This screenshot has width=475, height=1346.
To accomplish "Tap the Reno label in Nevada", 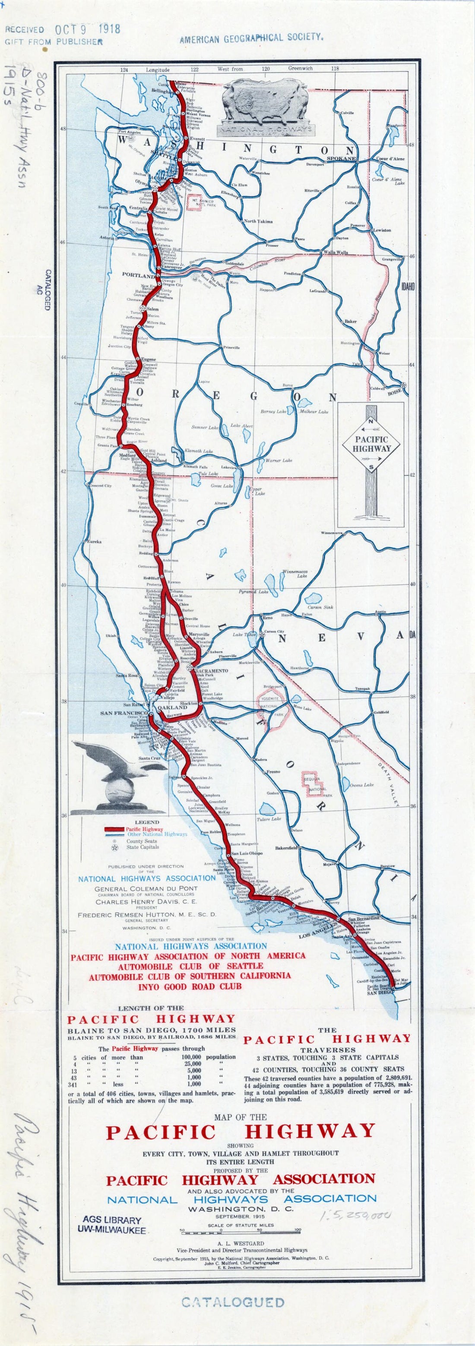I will [x=268, y=618].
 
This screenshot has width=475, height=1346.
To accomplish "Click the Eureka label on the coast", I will [x=95, y=541].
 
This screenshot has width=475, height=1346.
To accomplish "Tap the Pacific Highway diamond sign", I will [x=371, y=445].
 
